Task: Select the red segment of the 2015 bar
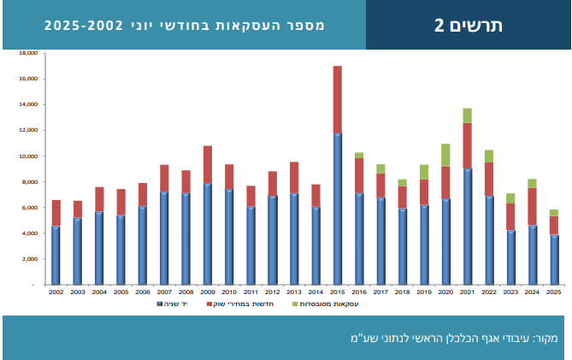click(x=337, y=99)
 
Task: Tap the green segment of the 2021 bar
click(x=467, y=115)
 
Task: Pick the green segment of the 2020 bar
click(x=445, y=155)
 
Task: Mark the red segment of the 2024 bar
click(x=532, y=206)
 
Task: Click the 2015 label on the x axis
click(x=337, y=292)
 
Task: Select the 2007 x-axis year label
click(x=163, y=292)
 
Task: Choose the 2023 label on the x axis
click(x=510, y=292)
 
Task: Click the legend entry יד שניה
click(x=175, y=304)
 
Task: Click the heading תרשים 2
click(x=468, y=25)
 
